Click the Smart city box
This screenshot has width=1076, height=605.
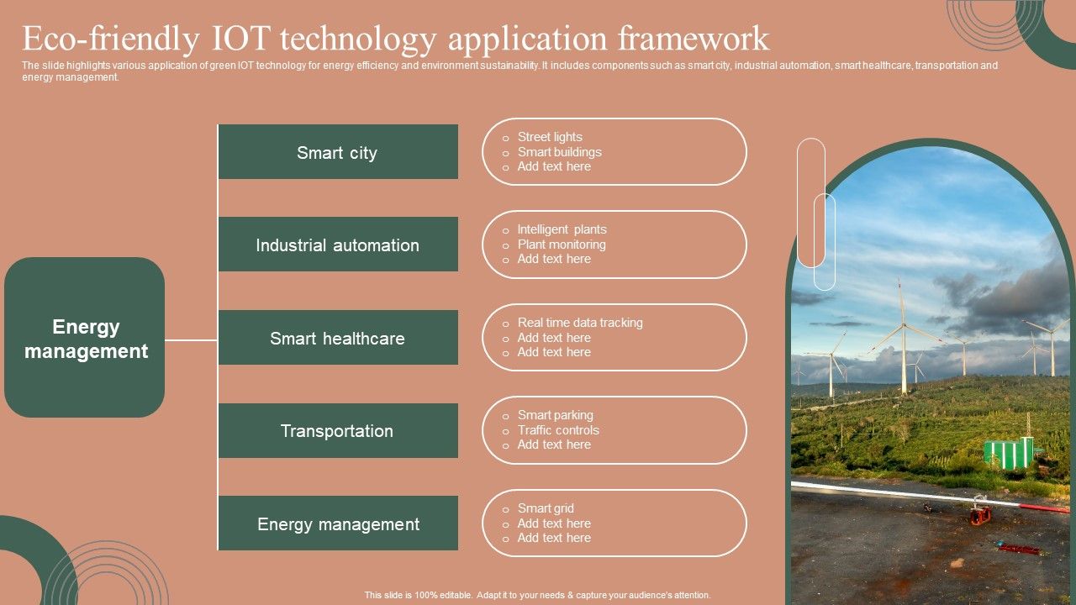point(338,152)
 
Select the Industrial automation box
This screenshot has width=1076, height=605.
point(338,244)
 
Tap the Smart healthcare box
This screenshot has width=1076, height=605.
point(338,337)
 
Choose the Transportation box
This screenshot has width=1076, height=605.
point(338,430)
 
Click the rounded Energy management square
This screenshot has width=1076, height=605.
point(85,337)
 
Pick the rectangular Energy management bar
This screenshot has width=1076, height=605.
point(338,523)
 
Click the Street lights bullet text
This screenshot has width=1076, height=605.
point(550,137)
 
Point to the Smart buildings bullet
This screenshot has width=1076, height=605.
point(559,152)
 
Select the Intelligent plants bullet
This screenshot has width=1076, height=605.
point(562,229)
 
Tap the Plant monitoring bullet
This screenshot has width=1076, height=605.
point(561,245)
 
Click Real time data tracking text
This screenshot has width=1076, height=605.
point(580,323)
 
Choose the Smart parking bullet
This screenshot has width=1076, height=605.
point(555,415)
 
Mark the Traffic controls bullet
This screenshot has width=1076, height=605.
point(557,429)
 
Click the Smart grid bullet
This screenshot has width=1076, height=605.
point(546,508)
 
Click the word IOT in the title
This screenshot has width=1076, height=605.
point(241,38)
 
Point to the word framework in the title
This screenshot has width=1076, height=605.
point(694,38)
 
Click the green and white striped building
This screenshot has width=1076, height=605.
point(1008,452)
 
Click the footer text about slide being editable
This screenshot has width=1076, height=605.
point(537,595)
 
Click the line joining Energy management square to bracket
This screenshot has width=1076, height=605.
point(191,340)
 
